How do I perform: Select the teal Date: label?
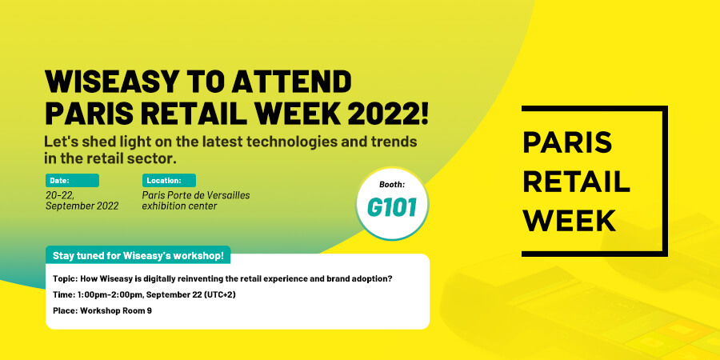(72, 181)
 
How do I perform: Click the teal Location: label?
(169, 181)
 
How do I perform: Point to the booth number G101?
(392, 207)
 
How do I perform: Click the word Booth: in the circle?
(392, 185)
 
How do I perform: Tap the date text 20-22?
(60, 195)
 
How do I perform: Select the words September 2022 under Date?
(82, 206)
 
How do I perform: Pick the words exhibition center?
(179, 206)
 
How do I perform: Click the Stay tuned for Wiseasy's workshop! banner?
(138, 256)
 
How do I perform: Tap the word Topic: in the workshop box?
(66, 278)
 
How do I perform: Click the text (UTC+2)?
(218, 294)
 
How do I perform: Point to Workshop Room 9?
(116, 310)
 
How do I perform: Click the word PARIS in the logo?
(567, 142)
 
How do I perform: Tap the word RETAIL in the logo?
(576, 182)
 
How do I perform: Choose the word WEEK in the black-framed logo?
(570, 221)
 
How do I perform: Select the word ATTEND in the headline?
(291, 82)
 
